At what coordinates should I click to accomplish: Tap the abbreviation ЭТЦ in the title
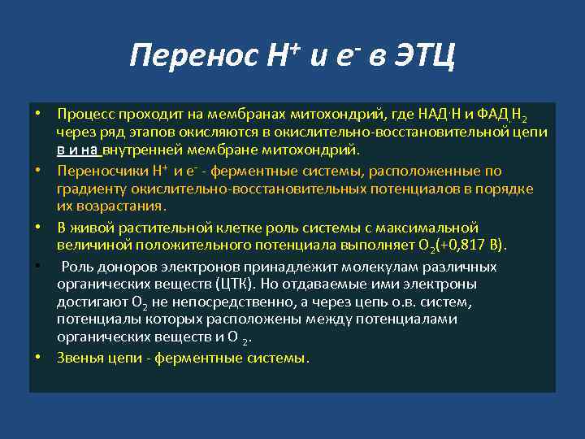pyautogui.click(x=424, y=56)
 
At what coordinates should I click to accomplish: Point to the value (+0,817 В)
pyautogui.click(x=467, y=246)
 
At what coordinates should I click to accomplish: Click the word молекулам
pyautogui.click(x=382, y=267)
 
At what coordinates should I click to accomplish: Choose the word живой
pyautogui.click(x=101, y=227)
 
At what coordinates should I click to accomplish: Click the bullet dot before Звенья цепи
pyautogui.click(x=38, y=358)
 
